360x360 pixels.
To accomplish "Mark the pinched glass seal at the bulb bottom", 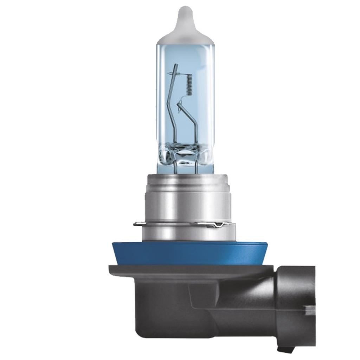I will (x=185, y=155).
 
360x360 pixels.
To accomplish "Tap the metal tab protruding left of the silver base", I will (x=138, y=224).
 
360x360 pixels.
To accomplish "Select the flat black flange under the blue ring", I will (x=190, y=270).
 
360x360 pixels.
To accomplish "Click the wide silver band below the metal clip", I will (x=188, y=233).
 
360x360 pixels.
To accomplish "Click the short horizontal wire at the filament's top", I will (x=178, y=74).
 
